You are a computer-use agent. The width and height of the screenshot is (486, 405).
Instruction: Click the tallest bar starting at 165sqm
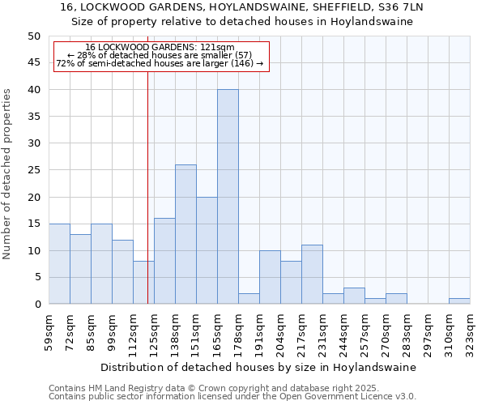click(228, 197)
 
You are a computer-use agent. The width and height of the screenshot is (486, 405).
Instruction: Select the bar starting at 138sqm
click(185, 234)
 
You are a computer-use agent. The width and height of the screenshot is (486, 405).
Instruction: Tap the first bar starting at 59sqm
click(59, 264)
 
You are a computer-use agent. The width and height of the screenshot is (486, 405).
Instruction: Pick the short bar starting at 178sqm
click(249, 299)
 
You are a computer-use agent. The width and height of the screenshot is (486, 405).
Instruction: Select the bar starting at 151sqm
click(207, 250)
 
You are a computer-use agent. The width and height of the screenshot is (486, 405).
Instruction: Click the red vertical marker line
click(147, 186)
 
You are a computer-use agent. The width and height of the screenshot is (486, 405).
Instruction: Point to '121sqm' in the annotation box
click(218, 48)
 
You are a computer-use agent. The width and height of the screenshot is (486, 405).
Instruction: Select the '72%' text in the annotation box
click(65, 63)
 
